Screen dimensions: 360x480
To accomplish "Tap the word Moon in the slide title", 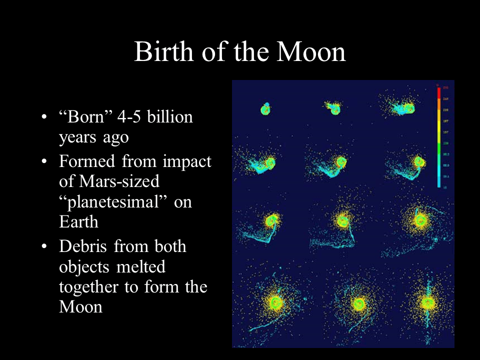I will point(314,51).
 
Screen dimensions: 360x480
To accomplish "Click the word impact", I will point(187,162).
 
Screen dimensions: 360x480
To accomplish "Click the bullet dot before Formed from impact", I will point(45,162).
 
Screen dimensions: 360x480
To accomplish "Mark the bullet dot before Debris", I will point(45,247).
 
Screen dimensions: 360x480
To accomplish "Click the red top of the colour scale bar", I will point(438,93).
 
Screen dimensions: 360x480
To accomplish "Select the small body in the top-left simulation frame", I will point(265,109).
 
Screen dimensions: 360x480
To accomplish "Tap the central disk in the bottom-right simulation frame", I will point(426,302).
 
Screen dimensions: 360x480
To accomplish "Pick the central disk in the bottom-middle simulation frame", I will point(358,303).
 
